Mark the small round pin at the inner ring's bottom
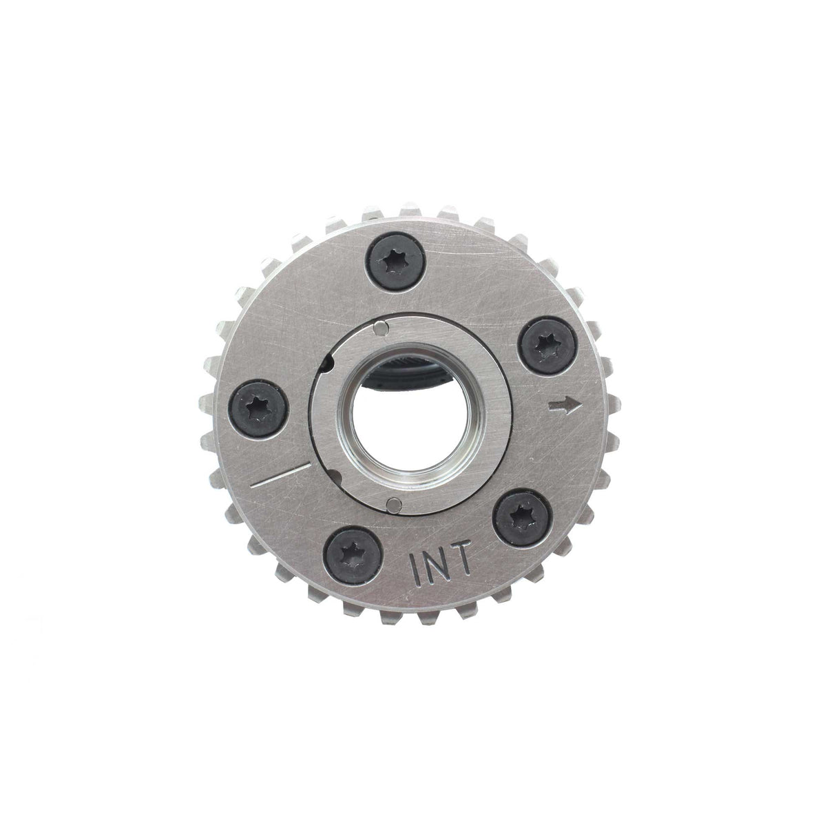tap(393, 502)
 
